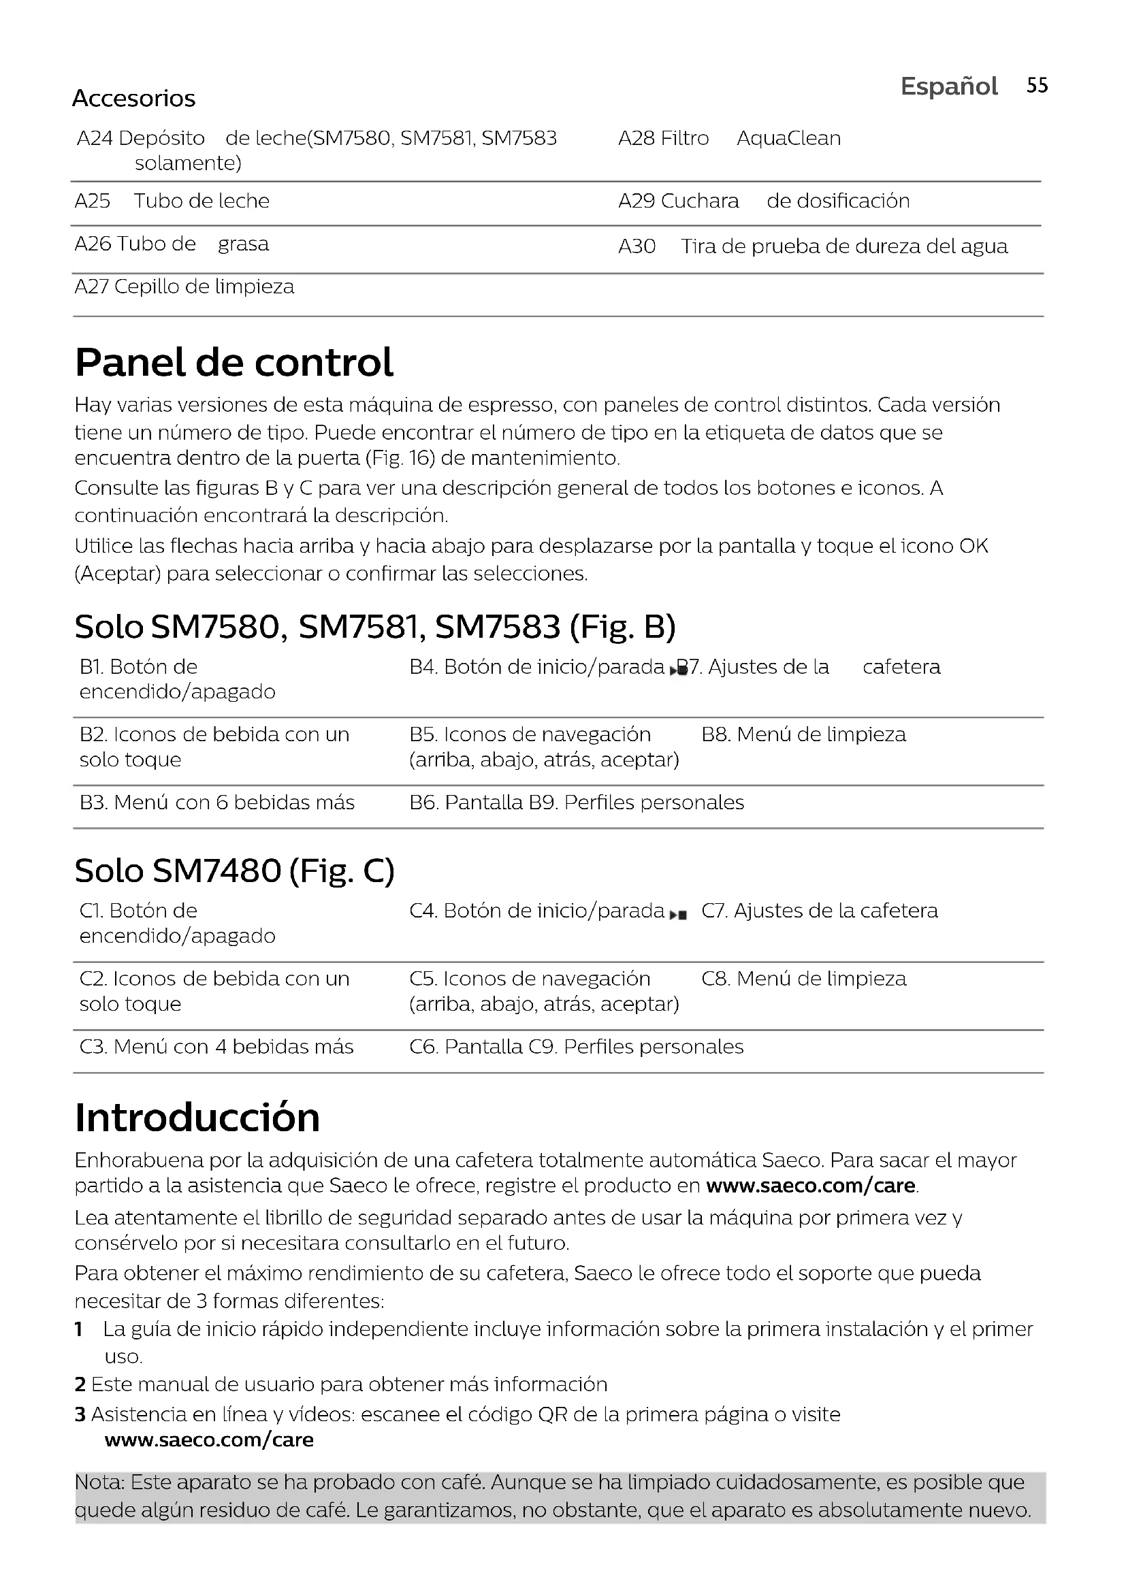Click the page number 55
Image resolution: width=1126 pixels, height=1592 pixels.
1037,85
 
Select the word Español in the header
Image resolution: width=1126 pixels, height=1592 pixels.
948,86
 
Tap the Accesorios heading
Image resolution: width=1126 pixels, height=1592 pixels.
134,99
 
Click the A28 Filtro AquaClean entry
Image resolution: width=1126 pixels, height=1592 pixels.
728,138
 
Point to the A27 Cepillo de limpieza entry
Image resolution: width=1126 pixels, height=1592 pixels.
184,287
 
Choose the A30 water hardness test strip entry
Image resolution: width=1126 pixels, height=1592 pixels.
813,246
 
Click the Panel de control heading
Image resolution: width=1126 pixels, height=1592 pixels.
234,362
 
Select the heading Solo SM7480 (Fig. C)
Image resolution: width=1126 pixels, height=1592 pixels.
234,871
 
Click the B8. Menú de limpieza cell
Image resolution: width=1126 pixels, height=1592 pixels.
803,734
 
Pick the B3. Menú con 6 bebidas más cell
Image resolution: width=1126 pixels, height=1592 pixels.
217,802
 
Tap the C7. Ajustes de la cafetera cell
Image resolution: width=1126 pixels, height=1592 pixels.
819,911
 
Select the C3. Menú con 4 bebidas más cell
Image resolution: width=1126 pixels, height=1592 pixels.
216,1046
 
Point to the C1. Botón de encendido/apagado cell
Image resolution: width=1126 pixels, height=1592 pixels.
177,923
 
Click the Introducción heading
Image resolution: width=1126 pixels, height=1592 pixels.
197,1118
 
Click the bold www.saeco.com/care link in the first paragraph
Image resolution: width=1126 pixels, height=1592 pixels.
811,1186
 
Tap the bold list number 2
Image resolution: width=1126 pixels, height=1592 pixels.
80,1384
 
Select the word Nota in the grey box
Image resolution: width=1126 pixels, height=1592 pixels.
98,1482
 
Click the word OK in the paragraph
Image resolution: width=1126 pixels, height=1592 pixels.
974,547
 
